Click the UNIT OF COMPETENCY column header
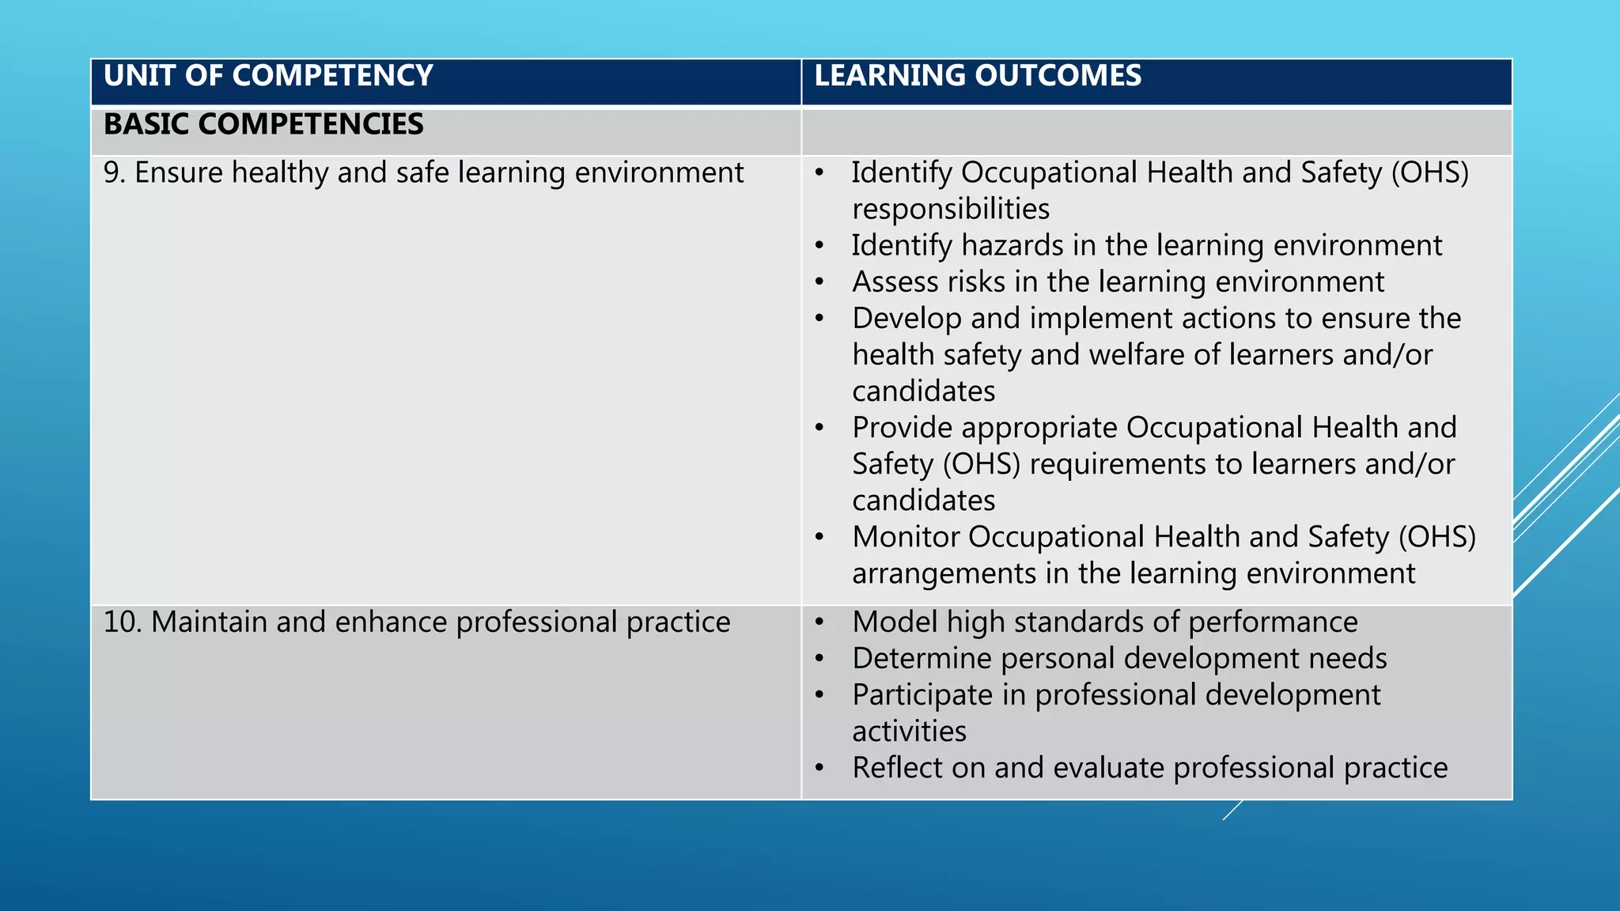(268, 76)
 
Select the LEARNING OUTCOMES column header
(978, 76)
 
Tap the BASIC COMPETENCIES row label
(263, 124)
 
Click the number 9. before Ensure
(115, 172)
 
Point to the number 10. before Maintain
(123, 622)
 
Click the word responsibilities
(951, 210)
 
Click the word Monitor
(906, 537)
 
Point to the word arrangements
(944, 574)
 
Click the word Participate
(922, 695)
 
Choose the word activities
(909, 731)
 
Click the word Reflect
(897, 768)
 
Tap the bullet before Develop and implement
(820, 319)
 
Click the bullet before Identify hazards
(820, 246)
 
